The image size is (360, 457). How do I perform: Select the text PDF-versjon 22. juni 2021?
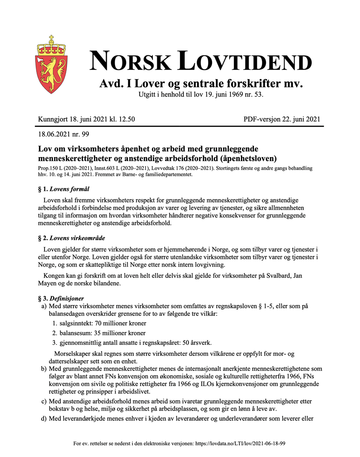282,119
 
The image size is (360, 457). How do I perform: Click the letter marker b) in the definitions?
44,369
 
